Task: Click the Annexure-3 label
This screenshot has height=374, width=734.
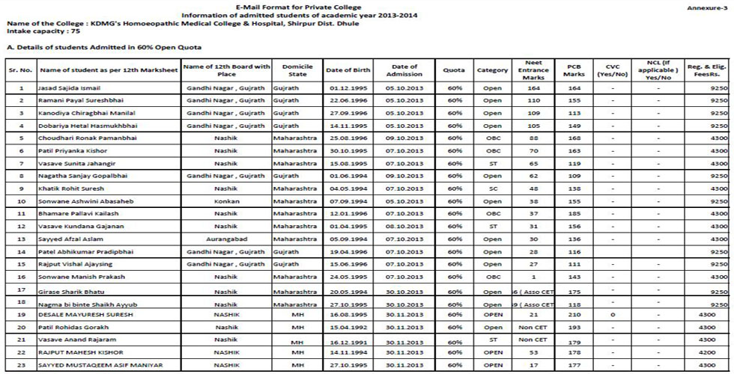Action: click(x=708, y=7)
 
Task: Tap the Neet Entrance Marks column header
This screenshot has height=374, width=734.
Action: click(x=533, y=70)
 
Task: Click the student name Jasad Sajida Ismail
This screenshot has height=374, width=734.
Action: click(x=68, y=88)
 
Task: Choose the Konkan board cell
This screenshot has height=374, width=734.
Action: click(x=225, y=202)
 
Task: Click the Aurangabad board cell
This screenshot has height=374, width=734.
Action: click(x=225, y=239)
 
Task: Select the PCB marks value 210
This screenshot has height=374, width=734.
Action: click(x=574, y=315)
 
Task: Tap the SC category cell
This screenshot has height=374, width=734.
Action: click(x=492, y=189)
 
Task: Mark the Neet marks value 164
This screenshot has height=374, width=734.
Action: click(x=533, y=88)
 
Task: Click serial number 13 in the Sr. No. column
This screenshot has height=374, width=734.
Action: click(x=20, y=239)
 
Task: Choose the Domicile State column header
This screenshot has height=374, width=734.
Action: click(x=297, y=70)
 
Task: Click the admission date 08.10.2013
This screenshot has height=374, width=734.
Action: click(x=405, y=226)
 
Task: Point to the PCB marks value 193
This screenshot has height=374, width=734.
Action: click(x=574, y=328)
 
